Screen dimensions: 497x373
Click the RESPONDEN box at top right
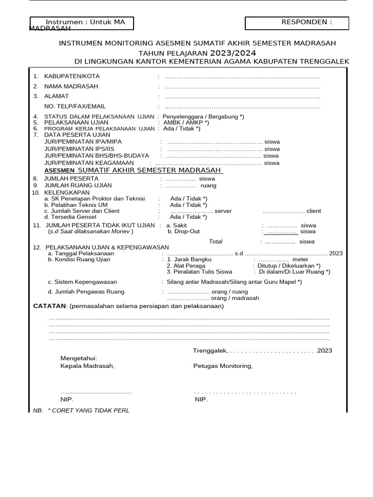tap(297, 23)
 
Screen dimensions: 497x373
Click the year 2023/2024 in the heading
tap(233, 52)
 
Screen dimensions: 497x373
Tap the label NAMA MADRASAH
tap(71, 86)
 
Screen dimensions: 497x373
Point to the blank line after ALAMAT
tap(242, 97)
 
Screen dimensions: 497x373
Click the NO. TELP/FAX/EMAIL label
tap(75, 106)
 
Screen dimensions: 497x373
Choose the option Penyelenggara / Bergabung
tap(203, 117)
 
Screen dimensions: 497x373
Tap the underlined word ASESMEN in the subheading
tap(59, 171)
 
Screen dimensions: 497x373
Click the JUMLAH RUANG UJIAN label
tap(78, 185)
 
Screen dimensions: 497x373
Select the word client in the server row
tap(313, 211)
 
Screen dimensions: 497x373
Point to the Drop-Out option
tap(184, 232)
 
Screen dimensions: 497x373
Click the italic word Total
tap(215, 241)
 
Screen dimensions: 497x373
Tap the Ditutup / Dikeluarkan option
tap(289, 265)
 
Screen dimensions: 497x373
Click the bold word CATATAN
tap(49, 306)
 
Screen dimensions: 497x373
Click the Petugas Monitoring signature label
tap(223, 366)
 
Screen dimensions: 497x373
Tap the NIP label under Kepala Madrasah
tap(67, 399)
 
